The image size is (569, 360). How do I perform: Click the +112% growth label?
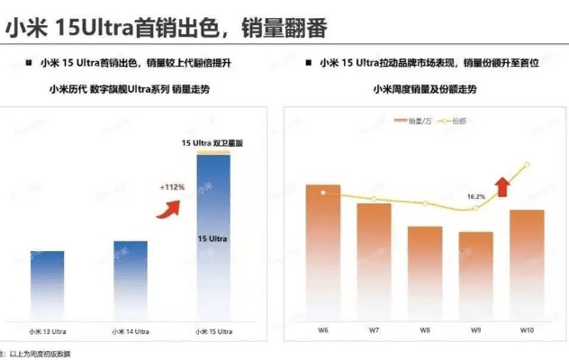172,187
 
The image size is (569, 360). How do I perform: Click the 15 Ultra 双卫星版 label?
213,143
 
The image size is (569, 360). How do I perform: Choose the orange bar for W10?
527,262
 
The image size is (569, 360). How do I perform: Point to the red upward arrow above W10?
501,186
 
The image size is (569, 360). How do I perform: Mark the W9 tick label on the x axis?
476,329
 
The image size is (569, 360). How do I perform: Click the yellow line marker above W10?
527,164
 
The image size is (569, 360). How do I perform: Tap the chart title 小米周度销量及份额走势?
425,89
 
